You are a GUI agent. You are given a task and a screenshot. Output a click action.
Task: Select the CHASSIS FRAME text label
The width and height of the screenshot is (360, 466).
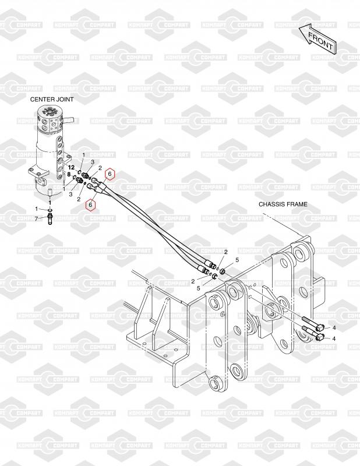coord(283,204)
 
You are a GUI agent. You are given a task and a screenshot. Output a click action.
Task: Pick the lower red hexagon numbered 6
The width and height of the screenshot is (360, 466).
coord(90,204)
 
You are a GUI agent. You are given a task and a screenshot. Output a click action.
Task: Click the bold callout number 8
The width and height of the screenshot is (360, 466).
coord(69,174)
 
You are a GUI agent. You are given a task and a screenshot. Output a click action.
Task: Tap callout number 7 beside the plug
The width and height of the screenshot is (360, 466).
coord(36,219)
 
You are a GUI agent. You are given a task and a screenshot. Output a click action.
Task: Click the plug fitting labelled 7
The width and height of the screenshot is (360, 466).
coord(50,219)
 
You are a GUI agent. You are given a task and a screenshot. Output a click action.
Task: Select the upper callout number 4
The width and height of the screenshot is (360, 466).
coord(334,329)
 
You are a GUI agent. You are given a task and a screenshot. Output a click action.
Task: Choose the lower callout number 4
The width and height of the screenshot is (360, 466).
coord(334,338)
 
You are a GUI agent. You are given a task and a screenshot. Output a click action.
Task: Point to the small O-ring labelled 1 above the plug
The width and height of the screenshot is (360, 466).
coord(50,209)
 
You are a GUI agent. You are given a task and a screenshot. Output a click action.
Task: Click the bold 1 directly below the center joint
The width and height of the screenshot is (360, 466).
coord(50,201)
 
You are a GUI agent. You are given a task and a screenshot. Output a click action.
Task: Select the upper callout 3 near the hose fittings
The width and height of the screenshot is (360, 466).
coord(92,162)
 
